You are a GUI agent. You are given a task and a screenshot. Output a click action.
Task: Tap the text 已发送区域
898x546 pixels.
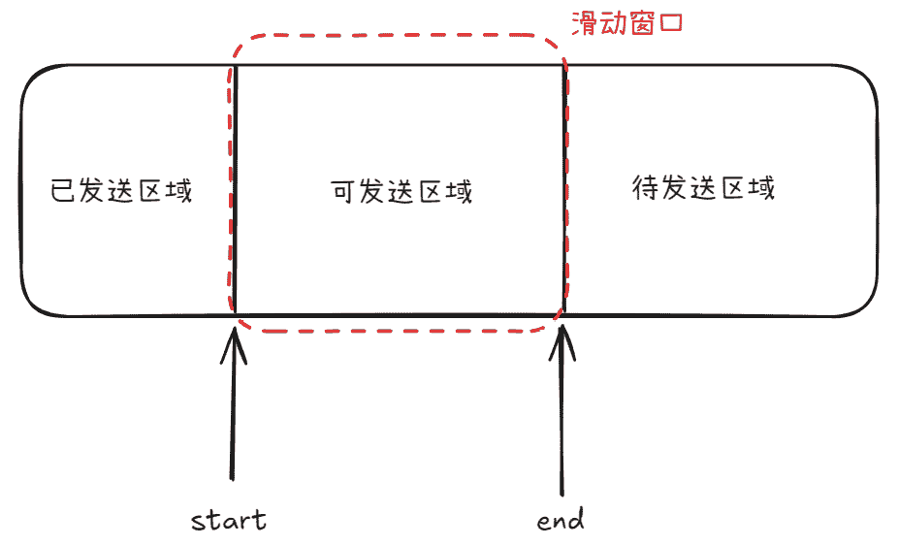pos(122,189)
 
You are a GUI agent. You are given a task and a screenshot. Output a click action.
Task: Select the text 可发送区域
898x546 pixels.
pos(401,191)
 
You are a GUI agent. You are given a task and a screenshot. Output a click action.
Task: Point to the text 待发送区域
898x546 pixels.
pos(704,186)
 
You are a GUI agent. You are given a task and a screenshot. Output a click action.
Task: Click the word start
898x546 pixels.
pos(229,520)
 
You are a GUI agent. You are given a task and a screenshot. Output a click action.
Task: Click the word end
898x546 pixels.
pos(561,520)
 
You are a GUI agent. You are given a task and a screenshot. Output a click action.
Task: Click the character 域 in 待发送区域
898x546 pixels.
pos(761,186)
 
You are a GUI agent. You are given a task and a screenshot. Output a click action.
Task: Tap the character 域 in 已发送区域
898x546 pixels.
pos(179,189)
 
